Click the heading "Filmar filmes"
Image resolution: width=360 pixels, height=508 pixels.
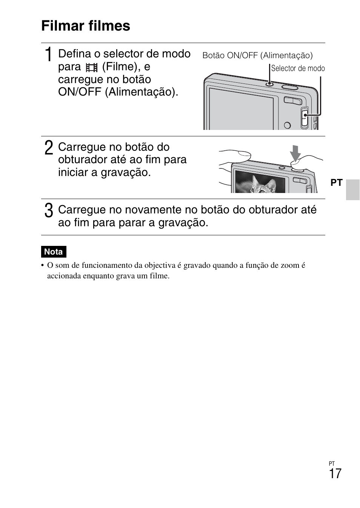tap(86, 26)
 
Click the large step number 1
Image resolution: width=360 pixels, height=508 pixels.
tap(48, 55)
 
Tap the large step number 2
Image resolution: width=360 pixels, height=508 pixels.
tap(48, 148)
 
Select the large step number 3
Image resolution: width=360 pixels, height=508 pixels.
tap(48, 210)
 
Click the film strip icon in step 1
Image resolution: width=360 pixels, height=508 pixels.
tap(91, 68)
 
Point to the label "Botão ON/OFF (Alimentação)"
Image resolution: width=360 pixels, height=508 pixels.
tap(257, 56)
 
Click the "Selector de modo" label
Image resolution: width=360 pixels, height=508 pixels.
tap(298, 68)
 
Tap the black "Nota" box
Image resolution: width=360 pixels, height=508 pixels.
tap(54, 252)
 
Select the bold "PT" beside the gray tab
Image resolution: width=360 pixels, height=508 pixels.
tap(336, 183)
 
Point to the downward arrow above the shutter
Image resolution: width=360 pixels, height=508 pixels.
tap(295, 153)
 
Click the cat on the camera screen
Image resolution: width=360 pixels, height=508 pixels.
tap(261, 185)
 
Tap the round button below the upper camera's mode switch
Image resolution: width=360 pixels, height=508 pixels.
tap(287, 125)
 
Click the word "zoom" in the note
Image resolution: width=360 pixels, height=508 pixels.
tap(290, 265)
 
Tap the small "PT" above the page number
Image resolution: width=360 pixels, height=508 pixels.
tap(332, 463)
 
